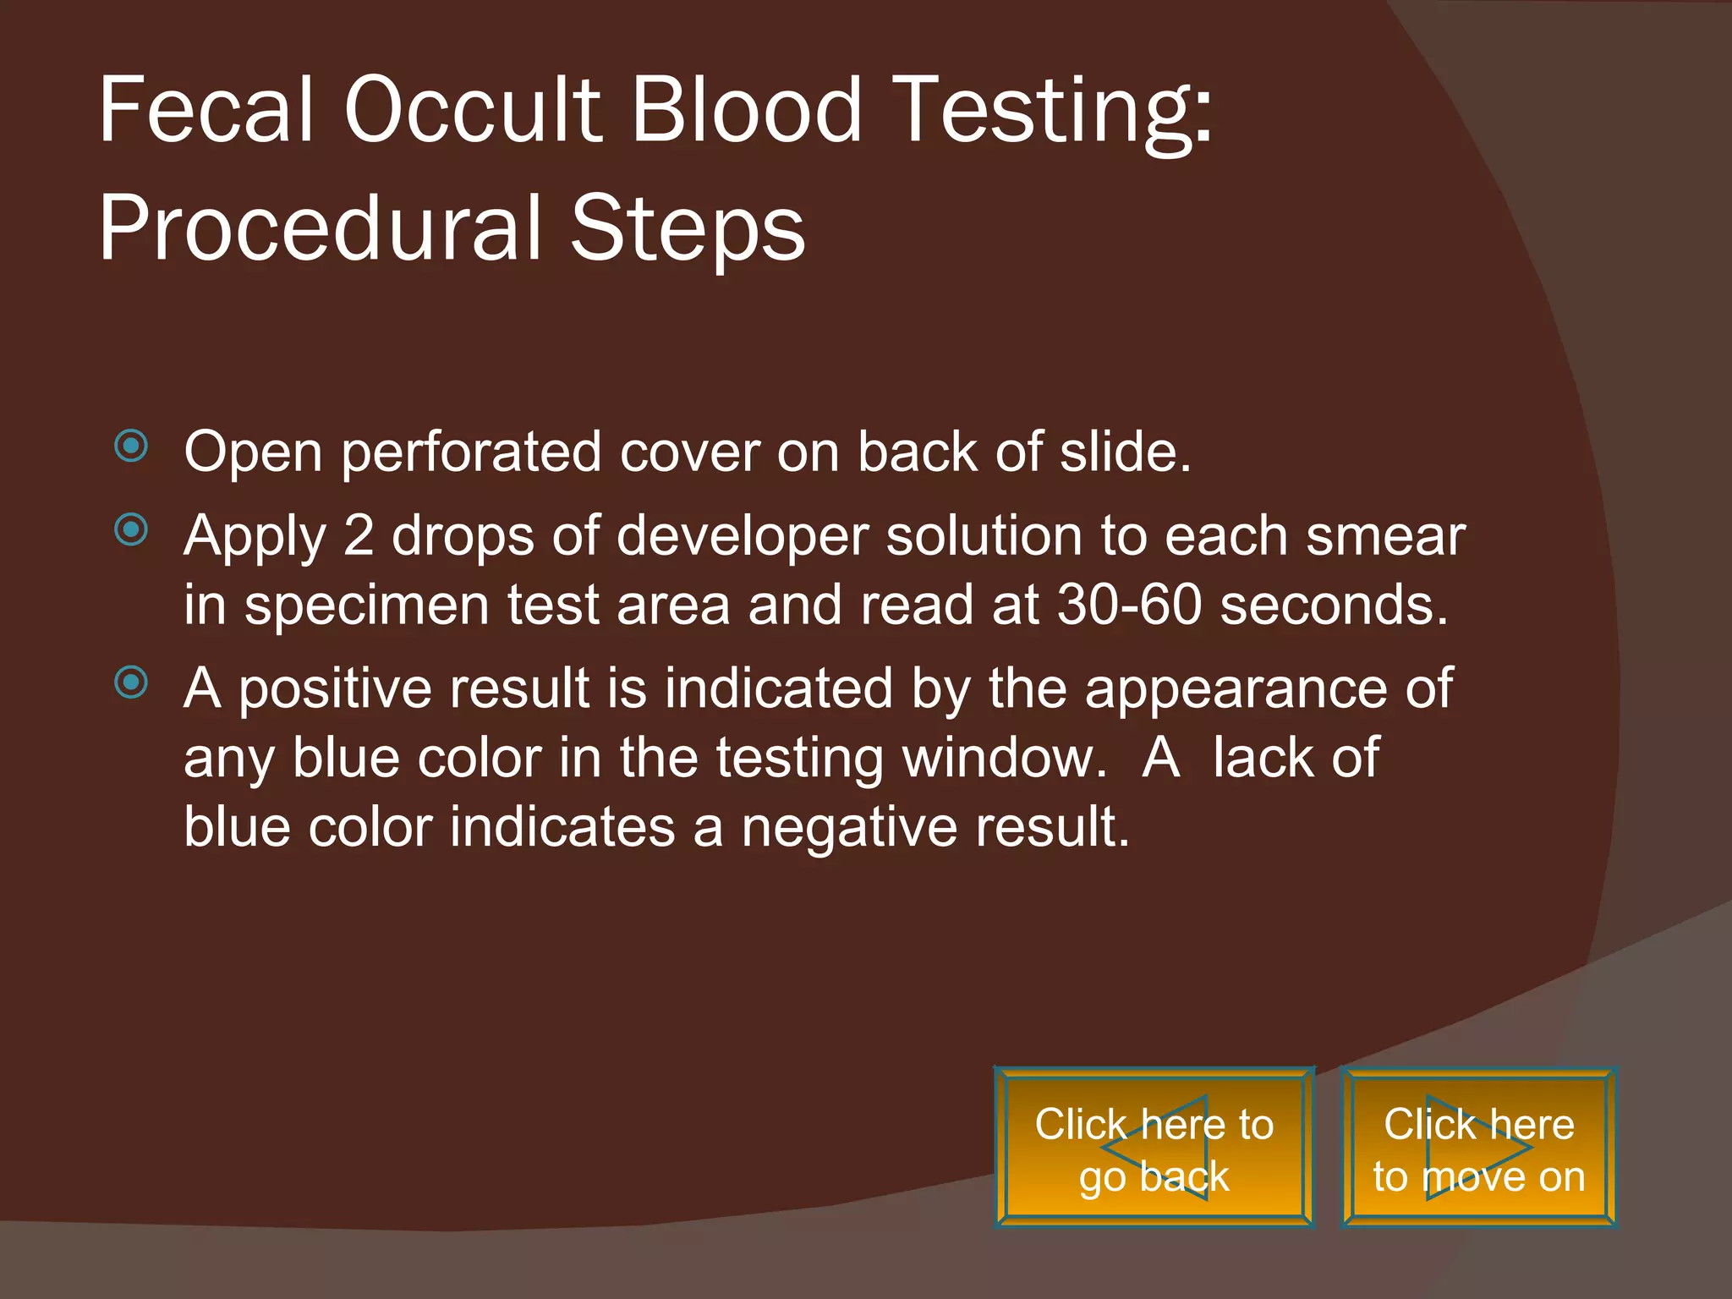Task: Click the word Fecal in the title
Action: [206, 110]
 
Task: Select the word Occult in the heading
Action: [473, 110]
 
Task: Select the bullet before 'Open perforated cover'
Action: [131, 446]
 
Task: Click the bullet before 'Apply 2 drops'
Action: [131, 530]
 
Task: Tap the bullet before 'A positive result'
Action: [131, 682]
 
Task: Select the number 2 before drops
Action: [359, 536]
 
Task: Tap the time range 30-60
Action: [1129, 605]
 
